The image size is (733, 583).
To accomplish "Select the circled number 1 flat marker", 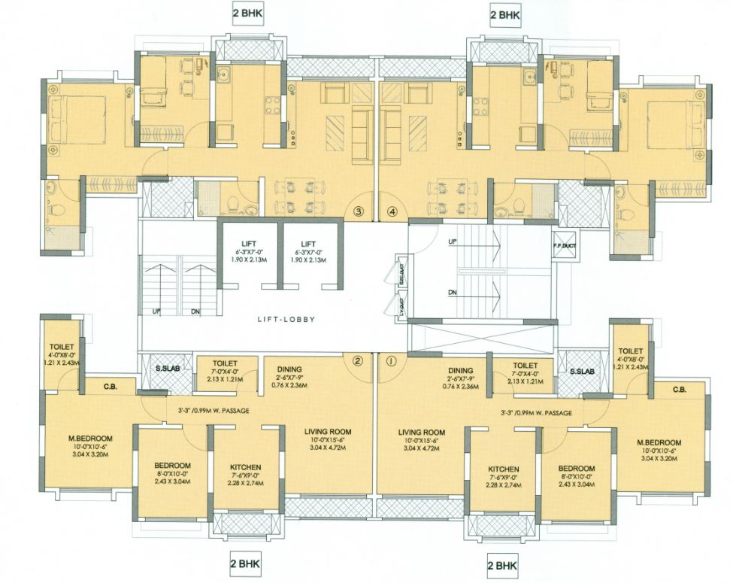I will click(x=389, y=360).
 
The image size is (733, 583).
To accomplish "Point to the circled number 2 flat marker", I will click(x=358, y=360).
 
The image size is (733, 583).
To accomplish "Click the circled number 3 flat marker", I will click(x=359, y=213).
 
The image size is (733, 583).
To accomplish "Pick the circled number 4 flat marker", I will click(x=391, y=213).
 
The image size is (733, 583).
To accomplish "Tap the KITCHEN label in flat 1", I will click(x=504, y=469).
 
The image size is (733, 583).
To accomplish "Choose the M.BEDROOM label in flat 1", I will click(x=659, y=442).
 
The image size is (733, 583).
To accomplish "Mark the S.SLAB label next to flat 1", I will click(x=581, y=372).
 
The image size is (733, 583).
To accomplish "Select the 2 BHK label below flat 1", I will click(x=502, y=564).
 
